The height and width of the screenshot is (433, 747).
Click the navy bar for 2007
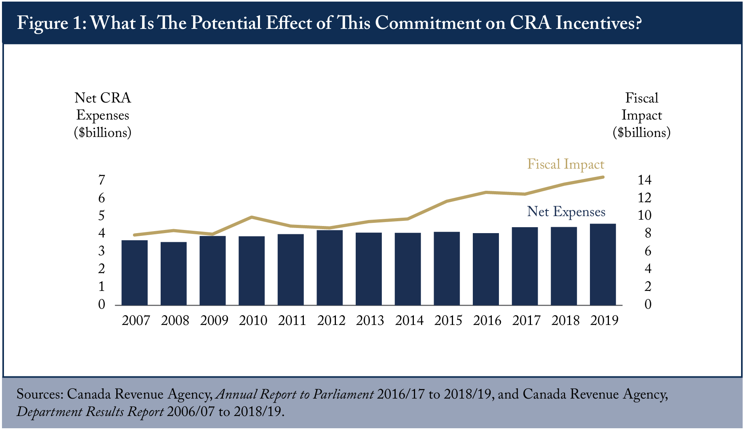tap(135, 273)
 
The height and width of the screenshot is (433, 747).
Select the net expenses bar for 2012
tap(330, 268)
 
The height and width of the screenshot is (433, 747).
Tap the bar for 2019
tap(603, 264)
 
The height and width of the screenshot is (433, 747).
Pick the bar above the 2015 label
tap(447, 268)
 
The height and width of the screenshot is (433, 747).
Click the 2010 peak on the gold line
tap(252, 217)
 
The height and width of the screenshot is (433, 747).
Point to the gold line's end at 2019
tap(603, 177)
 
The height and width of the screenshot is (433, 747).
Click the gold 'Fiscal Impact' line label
tap(566, 164)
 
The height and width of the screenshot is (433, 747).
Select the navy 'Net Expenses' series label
tap(566, 212)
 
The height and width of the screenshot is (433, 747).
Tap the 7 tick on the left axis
tap(102, 180)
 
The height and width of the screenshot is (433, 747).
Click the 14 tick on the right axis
tap(644, 180)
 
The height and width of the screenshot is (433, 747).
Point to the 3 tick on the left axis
tap(102, 251)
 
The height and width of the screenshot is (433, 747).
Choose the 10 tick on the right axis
tap(644, 215)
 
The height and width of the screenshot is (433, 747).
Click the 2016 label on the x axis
tap(487, 320)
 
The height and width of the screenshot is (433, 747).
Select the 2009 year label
tap(214, 320)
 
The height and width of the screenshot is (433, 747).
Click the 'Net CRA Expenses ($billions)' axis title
tap(103, 115)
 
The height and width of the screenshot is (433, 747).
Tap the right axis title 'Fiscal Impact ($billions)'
tap(642, 115)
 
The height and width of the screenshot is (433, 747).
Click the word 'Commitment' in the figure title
tap(428, 23)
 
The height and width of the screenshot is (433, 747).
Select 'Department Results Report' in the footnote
tap(90, 412)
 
